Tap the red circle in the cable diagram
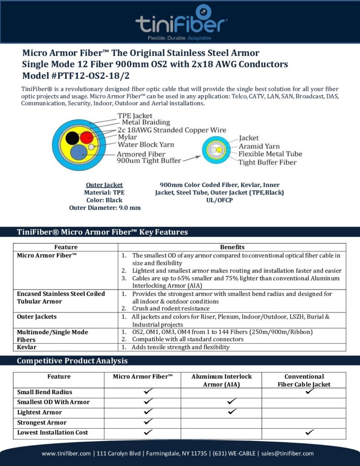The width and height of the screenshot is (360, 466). (x=86, y=137)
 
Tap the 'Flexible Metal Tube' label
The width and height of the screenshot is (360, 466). (x=270, y=154)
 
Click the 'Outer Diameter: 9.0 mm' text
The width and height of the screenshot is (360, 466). (x=105, y=208)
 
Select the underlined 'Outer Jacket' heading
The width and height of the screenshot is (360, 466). (x=104, y=185)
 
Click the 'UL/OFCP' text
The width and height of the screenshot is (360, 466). (x=219, y=200)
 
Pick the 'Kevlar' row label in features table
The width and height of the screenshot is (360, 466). (x=27, y=347)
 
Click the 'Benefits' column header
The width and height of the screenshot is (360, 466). (x=232, y=247)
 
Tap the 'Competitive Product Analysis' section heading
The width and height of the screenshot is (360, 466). (x=72, y=361)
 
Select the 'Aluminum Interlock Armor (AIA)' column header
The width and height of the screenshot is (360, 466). (x=221, y=380)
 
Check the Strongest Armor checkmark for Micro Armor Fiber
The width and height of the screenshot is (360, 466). (x=148, y=422)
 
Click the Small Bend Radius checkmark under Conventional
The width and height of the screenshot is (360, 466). (x=310, y=391)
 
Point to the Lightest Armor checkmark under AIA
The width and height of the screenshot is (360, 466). (x=232, y=411)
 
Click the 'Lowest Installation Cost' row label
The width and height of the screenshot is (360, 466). (x=52, y=432)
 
